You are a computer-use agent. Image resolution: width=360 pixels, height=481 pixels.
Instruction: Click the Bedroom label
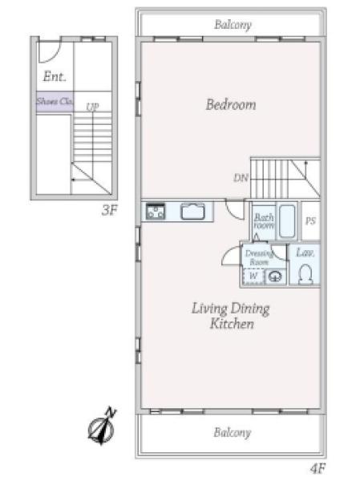[231, 104]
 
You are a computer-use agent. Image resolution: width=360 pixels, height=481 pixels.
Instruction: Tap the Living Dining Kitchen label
[231, 316]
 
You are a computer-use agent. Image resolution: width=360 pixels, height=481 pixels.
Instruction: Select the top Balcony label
[233, 25]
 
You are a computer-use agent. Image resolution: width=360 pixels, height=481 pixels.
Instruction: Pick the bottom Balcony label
[233, 433]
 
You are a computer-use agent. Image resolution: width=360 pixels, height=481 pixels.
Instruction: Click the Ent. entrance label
[55, 76]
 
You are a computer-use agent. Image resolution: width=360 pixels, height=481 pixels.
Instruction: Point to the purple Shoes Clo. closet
[55, 102]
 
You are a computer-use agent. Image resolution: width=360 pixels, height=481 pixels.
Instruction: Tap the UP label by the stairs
[92, 107]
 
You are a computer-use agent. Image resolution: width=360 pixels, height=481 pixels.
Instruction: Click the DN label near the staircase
[241, 178]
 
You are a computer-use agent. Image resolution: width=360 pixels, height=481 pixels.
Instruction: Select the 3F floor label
[110, 210]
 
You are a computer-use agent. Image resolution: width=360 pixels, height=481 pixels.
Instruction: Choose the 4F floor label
[318, 468]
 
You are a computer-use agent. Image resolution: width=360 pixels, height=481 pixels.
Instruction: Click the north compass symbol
[102, 426]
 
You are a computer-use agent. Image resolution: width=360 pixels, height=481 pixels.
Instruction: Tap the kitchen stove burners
[156, 212]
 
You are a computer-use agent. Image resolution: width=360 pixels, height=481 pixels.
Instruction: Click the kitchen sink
[192, 212]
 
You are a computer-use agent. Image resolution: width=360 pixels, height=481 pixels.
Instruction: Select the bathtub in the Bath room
[287, 221]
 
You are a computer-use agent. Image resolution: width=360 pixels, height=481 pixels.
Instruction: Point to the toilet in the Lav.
[305, 274]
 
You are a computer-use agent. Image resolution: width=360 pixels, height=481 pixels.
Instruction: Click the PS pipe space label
[310, 221]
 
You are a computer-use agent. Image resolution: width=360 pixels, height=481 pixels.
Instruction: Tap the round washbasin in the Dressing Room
[275, 277]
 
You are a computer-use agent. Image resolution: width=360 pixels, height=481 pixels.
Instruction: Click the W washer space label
[253, 276]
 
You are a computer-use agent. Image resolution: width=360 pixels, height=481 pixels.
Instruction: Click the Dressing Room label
[259, 258]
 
